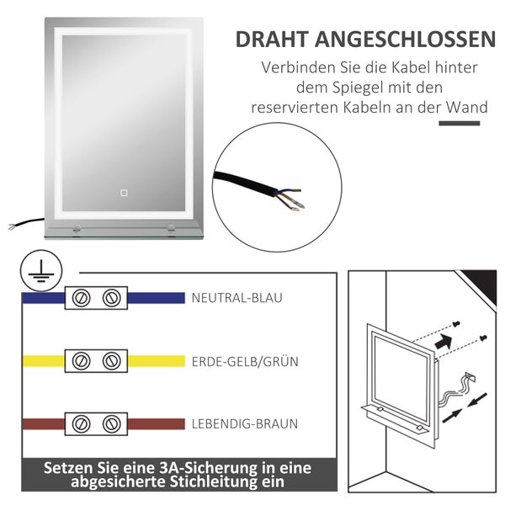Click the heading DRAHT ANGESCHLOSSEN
(x=364, y=39)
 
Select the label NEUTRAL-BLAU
(x=237, y=298)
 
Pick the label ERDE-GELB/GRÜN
(x=245, y=362)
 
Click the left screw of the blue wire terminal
(x=83, y=298)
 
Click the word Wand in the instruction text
(x=470, y=108)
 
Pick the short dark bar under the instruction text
(x=460, y=124)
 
